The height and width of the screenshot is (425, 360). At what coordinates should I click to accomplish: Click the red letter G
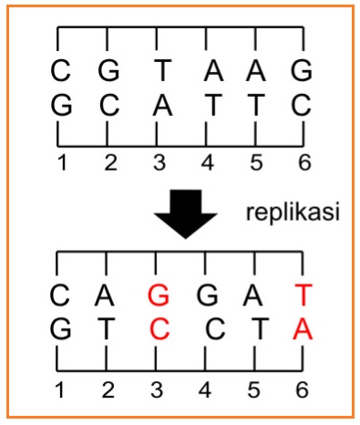[159, 295]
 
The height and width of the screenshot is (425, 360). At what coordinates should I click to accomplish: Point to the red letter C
[159, 329]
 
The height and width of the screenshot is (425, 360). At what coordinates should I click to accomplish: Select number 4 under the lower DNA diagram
[206, 390]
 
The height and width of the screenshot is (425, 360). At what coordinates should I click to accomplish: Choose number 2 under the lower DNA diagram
[109, 390]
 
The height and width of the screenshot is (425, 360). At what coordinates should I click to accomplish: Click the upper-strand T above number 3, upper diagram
[159, 69]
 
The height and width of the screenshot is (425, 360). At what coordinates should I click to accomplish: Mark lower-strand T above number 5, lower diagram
[254, 329]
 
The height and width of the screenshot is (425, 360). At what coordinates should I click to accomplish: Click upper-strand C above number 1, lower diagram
[60, 295]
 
